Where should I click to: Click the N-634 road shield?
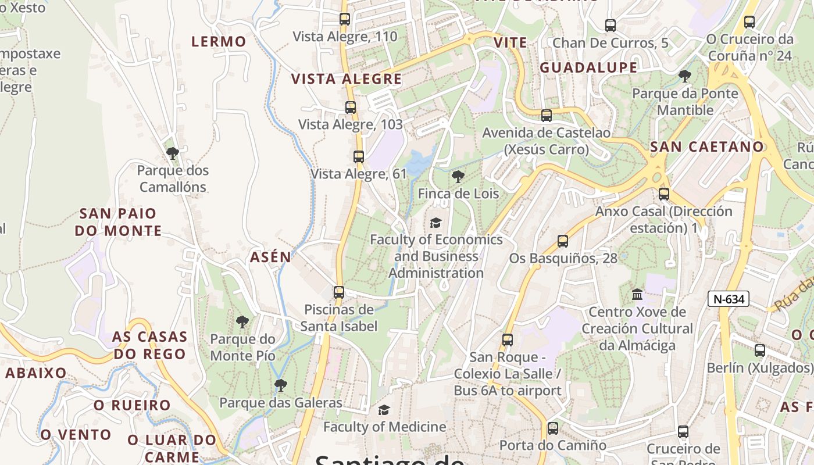[728, 299]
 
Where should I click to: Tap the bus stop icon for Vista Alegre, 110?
[345, 19]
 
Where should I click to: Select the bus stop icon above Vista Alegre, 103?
[350, 108]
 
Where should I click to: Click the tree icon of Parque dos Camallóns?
[172, 153]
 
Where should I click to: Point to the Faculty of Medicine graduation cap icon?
[384, 410]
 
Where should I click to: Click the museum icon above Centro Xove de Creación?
[637, 295]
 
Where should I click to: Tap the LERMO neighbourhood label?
[219, 42]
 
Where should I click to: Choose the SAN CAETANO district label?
[706, 147]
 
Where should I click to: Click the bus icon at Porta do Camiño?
[552, 428]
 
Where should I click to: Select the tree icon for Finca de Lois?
[458, 177]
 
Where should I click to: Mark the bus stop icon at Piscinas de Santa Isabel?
[339, 292]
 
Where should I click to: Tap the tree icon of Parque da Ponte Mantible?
[685, 76]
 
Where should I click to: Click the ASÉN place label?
[270, 257]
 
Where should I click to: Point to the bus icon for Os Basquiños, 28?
[562, 241]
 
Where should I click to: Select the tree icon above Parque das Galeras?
[281, 385]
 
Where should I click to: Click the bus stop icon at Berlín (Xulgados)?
[759, 350]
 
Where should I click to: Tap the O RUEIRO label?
[132, 405]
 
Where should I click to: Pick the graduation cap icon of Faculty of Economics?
[435, 223]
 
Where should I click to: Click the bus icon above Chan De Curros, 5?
[610, 26]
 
